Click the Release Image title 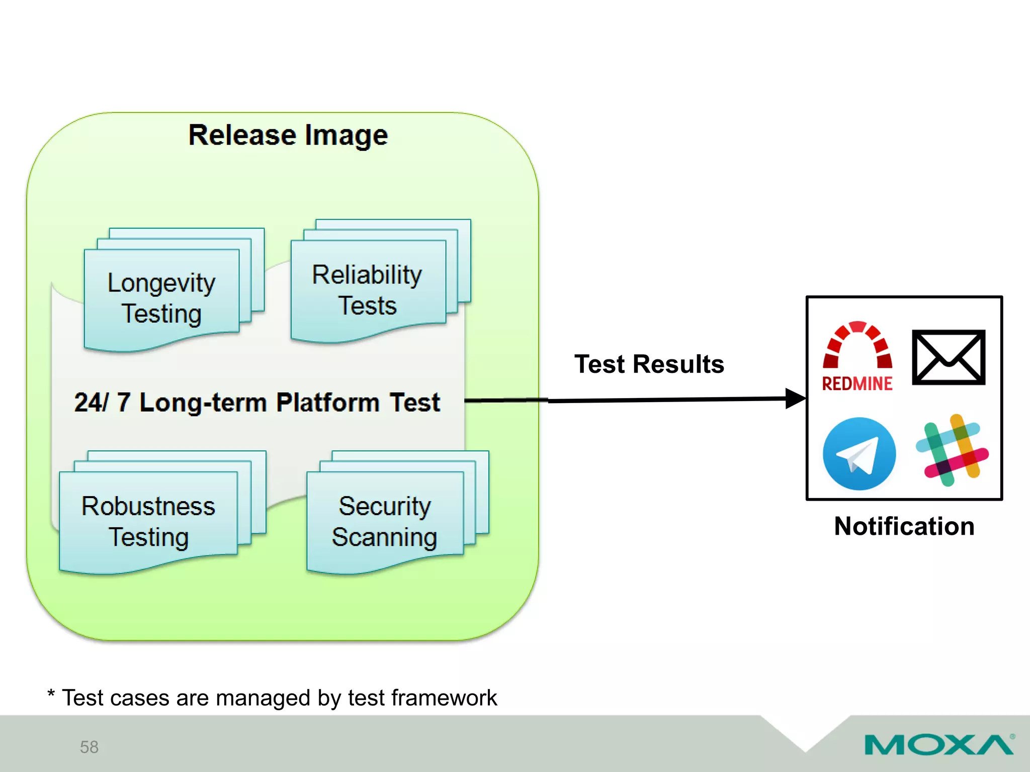point(288,135)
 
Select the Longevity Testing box point(161,299)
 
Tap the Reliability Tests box point(368,290)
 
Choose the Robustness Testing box point(148,521)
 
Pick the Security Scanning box point(385,521)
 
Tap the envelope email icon point(948,357)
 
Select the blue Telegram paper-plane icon point(859,453)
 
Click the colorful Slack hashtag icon point(952,450)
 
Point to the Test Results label point(649,364)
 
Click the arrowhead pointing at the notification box point(796,399)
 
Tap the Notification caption point(904,526)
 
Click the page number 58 point(89,747)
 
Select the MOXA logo point(938,744)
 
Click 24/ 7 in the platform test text point(102,402)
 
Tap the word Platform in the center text point(327,402)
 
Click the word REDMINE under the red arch point(857,383)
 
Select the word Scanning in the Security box point(385,537)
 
